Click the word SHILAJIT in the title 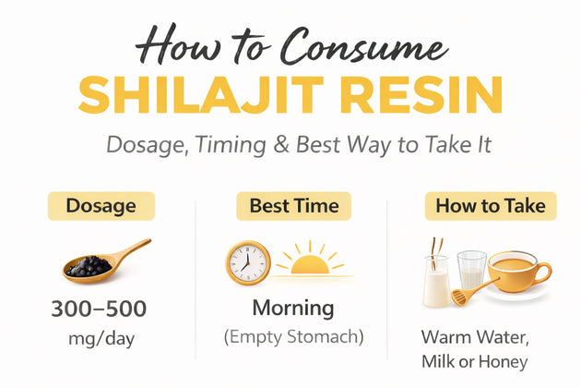click(201, 95)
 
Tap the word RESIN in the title click(421, 95)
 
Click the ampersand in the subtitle click(281, 145)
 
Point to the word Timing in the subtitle click(231, 146)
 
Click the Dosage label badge click(101, 206)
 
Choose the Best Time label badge click(294, 206)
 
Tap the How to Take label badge click(491, 206)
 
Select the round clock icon click(248, 263)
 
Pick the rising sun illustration click(311, 260)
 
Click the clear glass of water click(471, 271)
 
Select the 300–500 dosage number click(99, 309)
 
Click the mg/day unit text click(101, 339)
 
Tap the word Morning click(293, 309)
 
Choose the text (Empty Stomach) click(294, 337)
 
